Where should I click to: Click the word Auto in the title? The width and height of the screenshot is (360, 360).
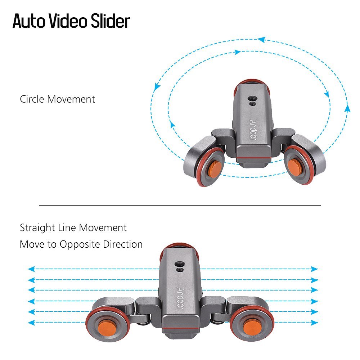click(28, 21)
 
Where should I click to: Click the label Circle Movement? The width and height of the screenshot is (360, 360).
click(57, 99)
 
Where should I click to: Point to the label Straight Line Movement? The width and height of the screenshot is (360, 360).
click(73, 228)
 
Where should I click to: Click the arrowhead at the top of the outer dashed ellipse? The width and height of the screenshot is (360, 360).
click(262, 40)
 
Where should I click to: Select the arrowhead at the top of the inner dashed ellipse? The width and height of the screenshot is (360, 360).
click(237, 52)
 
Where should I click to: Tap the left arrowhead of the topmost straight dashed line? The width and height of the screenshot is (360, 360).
click(31, 269)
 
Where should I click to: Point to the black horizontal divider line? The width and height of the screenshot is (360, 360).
click(180, 205)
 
